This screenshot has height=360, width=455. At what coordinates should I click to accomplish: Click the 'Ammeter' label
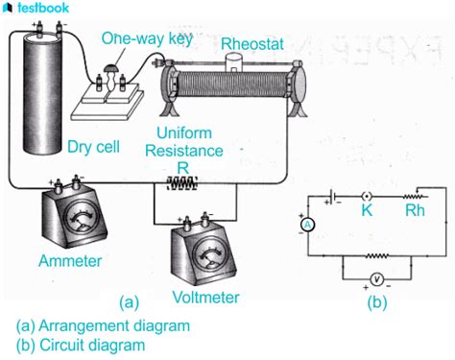coord(69,260)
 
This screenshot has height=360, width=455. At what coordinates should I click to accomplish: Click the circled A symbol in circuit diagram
coord(308,223)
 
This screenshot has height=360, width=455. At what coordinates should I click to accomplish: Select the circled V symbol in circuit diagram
coord(378,279)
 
